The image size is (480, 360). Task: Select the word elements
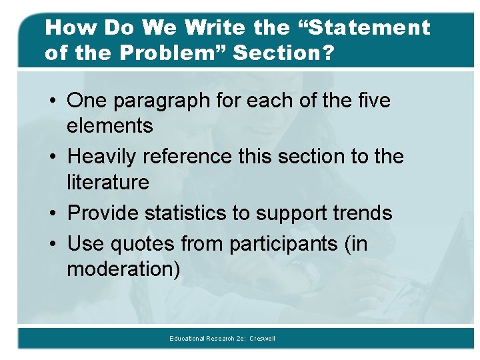[110, 125]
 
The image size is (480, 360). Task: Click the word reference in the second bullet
[195, 156]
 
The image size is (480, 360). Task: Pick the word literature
[108, 181]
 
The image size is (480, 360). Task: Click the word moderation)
[123, 269]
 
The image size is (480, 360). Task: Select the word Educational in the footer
[187, 339]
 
